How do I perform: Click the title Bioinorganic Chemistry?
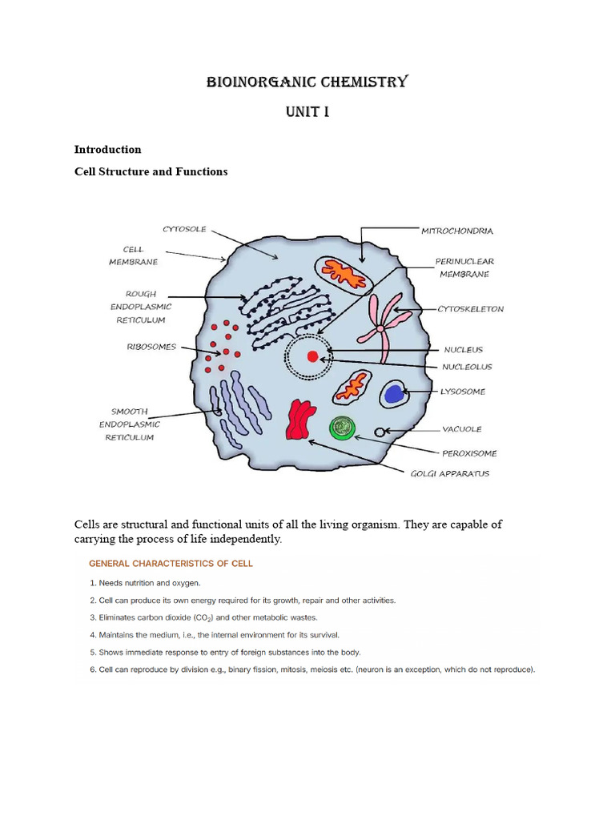point(307,82)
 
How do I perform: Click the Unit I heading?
point(307,111)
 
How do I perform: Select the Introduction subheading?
point(107,149)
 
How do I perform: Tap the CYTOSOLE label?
point(184,229)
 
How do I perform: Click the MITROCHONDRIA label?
point(457,231)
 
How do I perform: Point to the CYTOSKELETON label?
point(470,309)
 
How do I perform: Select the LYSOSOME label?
point(463,392)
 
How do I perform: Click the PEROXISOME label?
point(469,453)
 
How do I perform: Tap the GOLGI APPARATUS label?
point(449,473)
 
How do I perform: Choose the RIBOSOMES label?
point(151,347)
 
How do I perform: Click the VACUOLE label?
point(462,429)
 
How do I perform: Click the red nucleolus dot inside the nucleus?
point(312,356)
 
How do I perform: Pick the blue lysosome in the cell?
point(393,393)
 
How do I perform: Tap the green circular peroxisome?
point(342,428)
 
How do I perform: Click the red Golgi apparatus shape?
point(299,420)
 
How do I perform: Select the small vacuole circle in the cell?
point(380,432)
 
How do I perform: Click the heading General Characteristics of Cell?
point(171,563)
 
